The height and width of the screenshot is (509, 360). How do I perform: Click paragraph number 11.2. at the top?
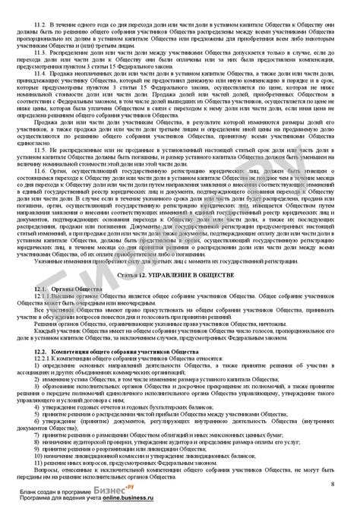pyautogui.click(x=43, y=24)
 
